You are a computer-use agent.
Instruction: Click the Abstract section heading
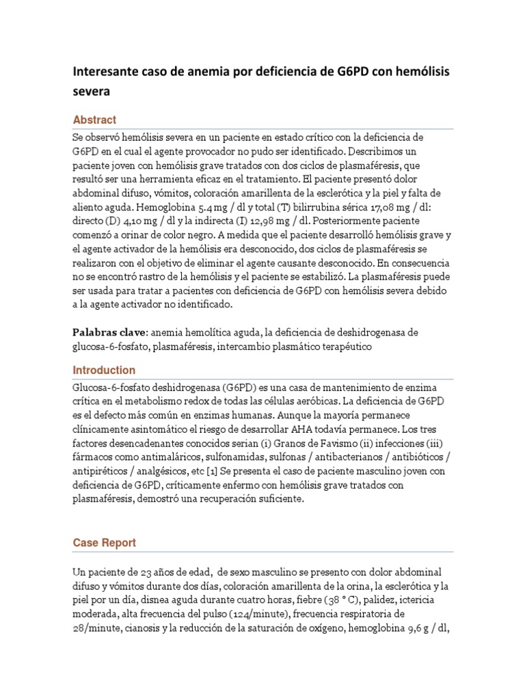tap(94, 120)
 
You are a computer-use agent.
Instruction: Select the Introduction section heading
tap(104, 370)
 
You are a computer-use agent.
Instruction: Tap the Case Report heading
tap(104, 543)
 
